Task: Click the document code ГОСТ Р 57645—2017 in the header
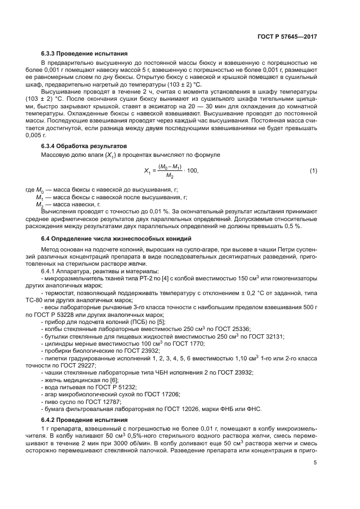pyautogui.click(x=288, y=37)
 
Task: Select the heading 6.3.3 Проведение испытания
pyautogui.click(x=84, y=54)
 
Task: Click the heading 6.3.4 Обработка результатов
pyautogui.click(x=84, y=146)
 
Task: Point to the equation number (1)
pyautogui.click(x=313, y=171)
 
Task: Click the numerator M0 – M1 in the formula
pyautogui.click(x=170, y=166)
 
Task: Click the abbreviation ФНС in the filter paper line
pyautogui.click(x=254, y=408)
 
